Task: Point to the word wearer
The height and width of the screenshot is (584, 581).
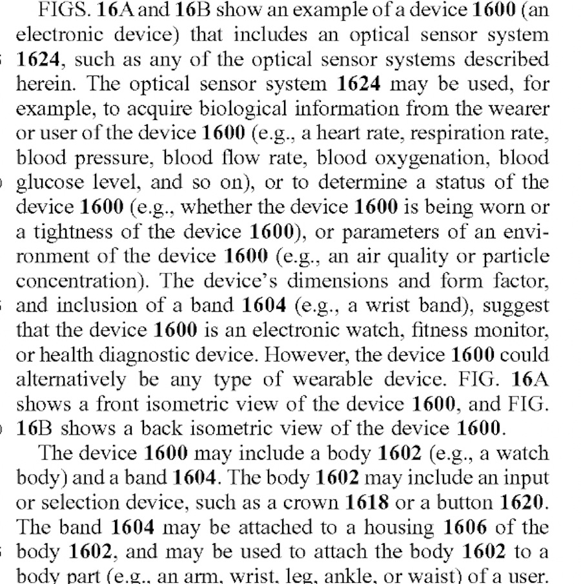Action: click(x=519, y=108)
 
